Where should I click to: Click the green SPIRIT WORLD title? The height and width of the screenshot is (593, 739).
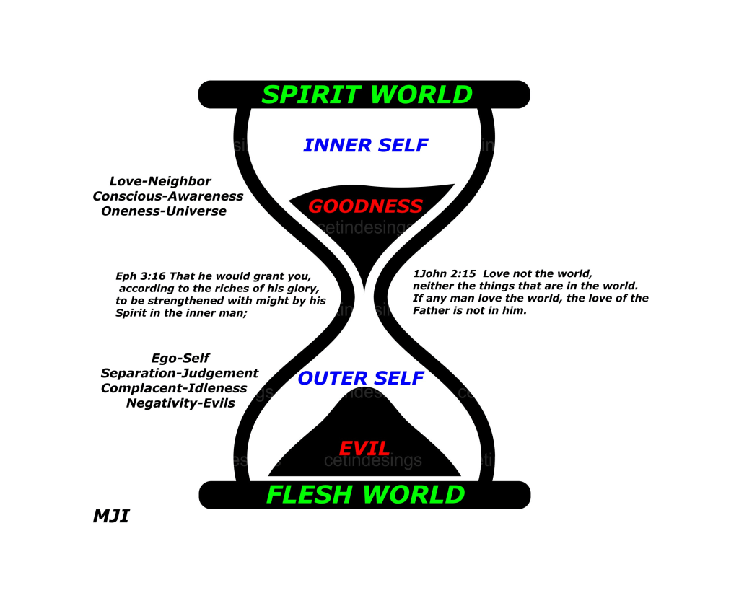pos(367,95)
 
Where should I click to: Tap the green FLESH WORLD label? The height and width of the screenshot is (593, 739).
pos(365,495)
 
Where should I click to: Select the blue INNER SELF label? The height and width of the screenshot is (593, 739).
pos(366,145)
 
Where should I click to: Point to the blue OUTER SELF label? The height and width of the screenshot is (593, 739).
pos(361,378)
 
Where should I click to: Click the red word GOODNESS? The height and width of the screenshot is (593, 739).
pos(365,206)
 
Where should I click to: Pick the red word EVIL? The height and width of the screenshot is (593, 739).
pos(364,448)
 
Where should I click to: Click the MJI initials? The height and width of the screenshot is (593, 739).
pos(111,517)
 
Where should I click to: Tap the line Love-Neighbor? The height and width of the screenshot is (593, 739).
pos(160,181)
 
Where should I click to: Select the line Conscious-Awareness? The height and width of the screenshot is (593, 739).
pos(167,196)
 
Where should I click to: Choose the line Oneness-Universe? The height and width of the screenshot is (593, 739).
pos(164,211)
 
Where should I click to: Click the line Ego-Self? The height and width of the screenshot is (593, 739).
pos(180,358)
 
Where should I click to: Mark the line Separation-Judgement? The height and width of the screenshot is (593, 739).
pos(179,373)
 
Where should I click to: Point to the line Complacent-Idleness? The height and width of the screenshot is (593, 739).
pos(174,388)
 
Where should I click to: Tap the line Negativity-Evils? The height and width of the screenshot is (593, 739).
pos(180,403)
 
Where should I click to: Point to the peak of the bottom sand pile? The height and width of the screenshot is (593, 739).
pos(364,390)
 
